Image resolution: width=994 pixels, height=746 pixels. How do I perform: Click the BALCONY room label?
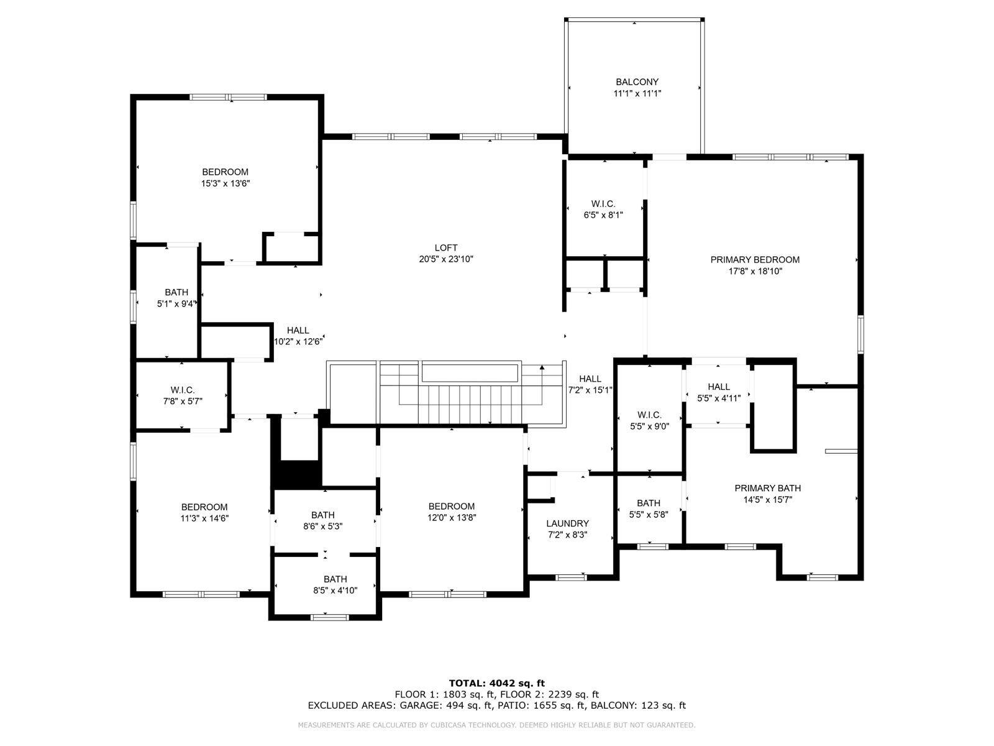[637, 82]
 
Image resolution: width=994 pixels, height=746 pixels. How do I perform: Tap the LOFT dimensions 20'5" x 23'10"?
[446, 259]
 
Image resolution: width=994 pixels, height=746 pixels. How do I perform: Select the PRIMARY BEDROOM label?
[755, 260]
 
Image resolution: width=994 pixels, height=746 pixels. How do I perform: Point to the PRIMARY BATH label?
[767, 488]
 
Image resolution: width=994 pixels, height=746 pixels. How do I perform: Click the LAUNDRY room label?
[567, 523]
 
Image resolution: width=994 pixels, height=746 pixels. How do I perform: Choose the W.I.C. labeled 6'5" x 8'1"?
[603, 210]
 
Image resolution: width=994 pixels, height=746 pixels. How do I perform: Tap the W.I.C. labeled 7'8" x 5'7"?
[183, 395]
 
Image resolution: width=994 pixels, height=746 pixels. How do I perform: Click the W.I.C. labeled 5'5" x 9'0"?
[649, 420]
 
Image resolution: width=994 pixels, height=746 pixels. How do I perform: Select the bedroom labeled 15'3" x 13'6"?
[225, 177]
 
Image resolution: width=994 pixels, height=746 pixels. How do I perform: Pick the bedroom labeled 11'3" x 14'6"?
[204, 512]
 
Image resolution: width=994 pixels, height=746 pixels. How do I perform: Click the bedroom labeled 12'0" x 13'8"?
[451, 512]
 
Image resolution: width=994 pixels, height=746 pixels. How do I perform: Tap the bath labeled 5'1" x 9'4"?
[176, 298]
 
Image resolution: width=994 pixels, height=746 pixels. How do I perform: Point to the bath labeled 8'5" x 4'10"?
[335, 584]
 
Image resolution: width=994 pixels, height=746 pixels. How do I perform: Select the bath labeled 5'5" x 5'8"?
[648, 509]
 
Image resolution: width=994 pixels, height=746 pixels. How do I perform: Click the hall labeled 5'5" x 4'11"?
[718, 392]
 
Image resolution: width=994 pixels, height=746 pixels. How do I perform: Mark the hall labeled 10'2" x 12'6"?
[298, 336]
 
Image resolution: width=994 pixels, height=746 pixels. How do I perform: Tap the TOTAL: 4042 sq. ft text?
[496, 682]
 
